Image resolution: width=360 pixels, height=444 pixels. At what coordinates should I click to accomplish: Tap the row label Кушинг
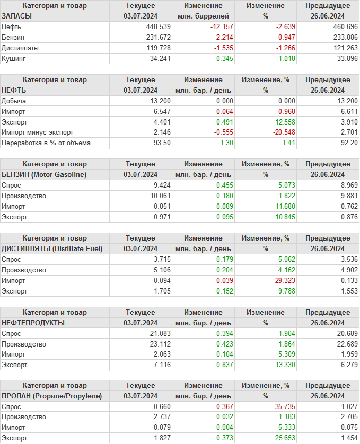(x=14, y=58)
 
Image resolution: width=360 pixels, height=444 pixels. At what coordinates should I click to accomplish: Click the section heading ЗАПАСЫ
(x=17, y=16)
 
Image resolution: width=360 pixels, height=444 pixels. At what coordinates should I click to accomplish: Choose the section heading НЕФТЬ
(x=14, y=90)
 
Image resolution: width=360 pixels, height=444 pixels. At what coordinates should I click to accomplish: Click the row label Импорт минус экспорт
(x=38, y=132)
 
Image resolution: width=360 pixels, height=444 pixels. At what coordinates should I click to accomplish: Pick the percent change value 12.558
(x=281, y=121)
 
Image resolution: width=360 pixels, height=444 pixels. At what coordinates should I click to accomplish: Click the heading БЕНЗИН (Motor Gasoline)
(x=44, y=174)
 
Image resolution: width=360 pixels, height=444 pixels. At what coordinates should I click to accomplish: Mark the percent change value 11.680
(x=281, y=206)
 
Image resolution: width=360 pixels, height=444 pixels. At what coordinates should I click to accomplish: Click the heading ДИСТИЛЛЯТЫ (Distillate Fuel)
(x=52, y=248)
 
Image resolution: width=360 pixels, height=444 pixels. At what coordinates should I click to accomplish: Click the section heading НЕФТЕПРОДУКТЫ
(x=33, y=322)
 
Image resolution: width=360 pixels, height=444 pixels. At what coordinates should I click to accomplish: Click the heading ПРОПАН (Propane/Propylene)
(x=51, y=396)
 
